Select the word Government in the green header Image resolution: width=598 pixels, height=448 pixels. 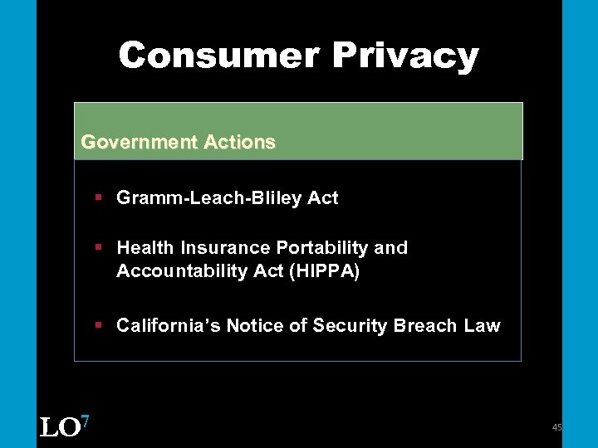[137, 142]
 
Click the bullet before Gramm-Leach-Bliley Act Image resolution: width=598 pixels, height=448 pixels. [98, 197]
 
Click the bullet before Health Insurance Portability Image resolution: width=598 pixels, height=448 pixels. [98, 247]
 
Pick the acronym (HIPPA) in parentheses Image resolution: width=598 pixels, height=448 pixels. [324, 272]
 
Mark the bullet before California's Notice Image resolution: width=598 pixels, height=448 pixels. [98, 325]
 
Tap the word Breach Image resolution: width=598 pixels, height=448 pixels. [424, 326]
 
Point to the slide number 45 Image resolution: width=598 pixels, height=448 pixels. [556, 427]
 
